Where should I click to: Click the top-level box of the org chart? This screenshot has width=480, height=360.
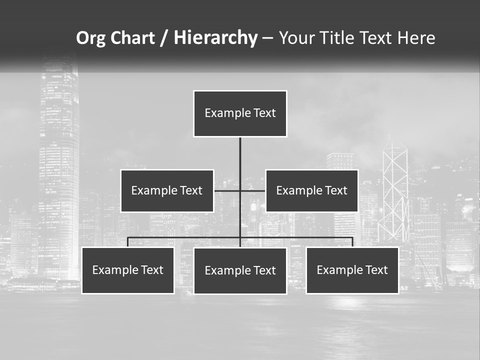click(240, 113)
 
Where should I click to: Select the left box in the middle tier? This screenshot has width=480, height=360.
click(167, 190)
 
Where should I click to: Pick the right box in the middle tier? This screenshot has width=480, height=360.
click(311, 190)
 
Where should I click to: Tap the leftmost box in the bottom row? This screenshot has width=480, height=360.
click(128, 270)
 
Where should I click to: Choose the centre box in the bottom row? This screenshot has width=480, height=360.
click(240, 271)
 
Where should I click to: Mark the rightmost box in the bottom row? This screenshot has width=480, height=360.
click(352, 270)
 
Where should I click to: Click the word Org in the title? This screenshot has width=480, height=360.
click(90, 38)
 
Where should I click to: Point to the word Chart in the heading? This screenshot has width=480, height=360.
click(132, 38)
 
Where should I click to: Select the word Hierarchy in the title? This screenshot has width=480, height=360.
click(215, 38)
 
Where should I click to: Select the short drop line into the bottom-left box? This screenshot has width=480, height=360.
click(128, 242)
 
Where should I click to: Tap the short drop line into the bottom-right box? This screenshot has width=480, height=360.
click(352, 242)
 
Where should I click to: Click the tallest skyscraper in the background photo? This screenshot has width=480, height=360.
click(59, 165)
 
